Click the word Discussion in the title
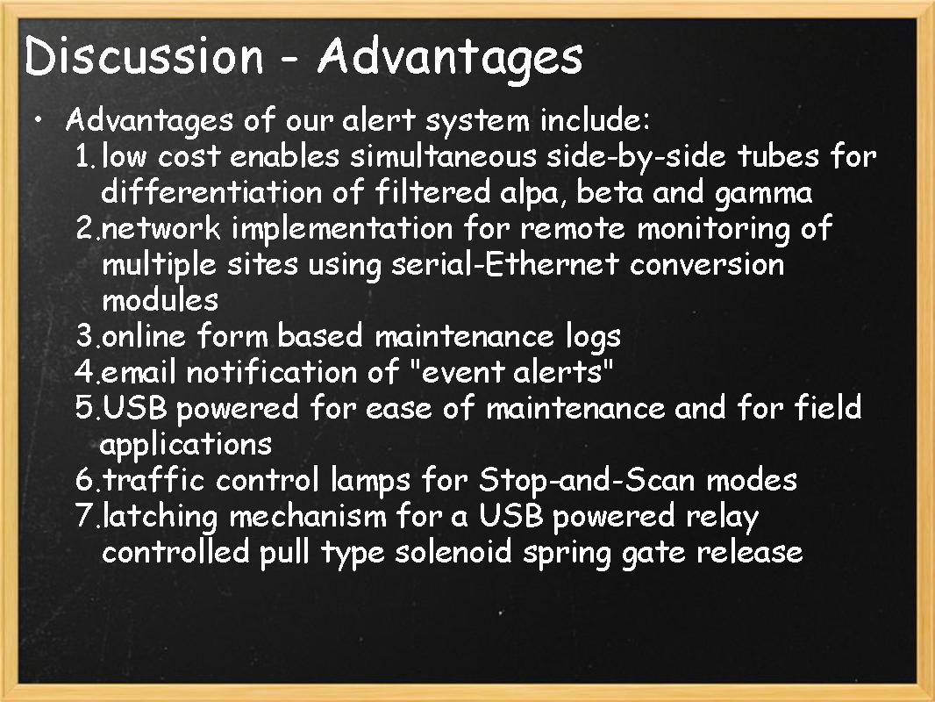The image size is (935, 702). [144, 56]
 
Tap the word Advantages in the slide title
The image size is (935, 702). [450, 58]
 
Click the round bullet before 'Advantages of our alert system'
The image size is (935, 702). [38, 120]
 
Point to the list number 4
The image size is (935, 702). [85, 372]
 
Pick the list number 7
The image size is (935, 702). [85, 516]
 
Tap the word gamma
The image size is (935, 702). [763, 194]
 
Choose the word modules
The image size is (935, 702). [161, 300]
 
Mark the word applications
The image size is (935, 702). [186, 445]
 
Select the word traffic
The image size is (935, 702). [154, 480]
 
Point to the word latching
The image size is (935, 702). [160, 517]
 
